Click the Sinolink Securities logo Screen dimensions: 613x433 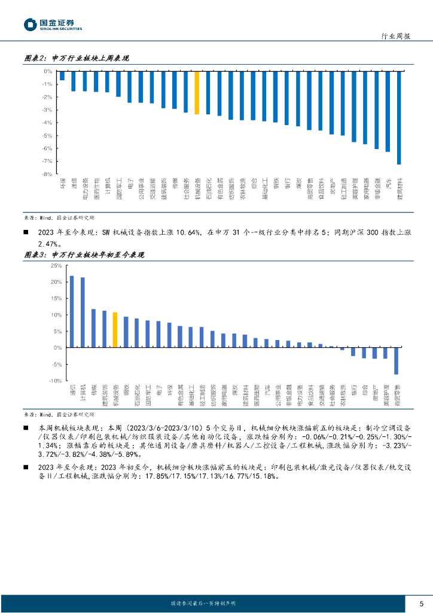(53, 25)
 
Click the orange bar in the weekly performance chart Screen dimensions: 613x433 (197, 93)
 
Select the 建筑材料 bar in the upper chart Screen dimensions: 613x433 (399, 117)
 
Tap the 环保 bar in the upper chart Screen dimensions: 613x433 (62, 76)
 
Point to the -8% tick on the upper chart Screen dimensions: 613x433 (47, 174)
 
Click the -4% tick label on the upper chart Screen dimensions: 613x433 (47, 123)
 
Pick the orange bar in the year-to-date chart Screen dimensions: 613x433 (115, 329)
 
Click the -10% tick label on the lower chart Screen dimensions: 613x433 (55, 381)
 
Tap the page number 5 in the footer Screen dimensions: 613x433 (422, 603)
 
